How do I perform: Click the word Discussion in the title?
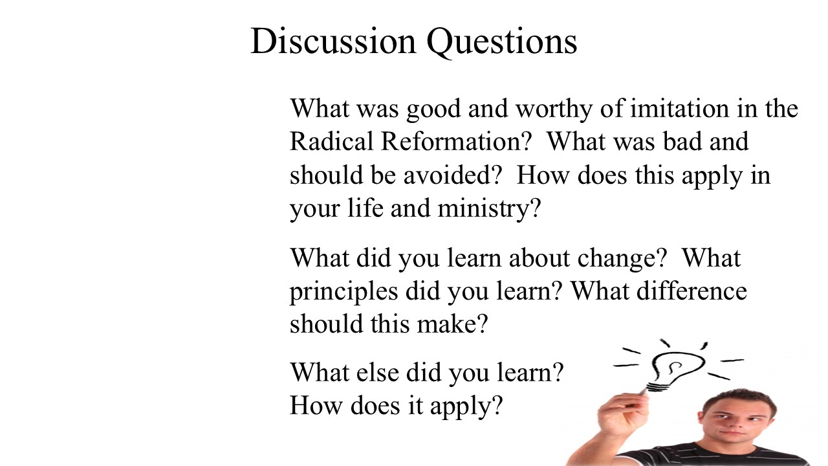tap(333, 41)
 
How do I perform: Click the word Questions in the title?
tap(501, 42)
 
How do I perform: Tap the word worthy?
tap(554, 110)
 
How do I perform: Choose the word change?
tap(622, 260)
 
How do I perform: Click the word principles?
tap(343, 293)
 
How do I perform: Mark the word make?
tap(452, 324)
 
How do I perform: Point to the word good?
tap(433, 110)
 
